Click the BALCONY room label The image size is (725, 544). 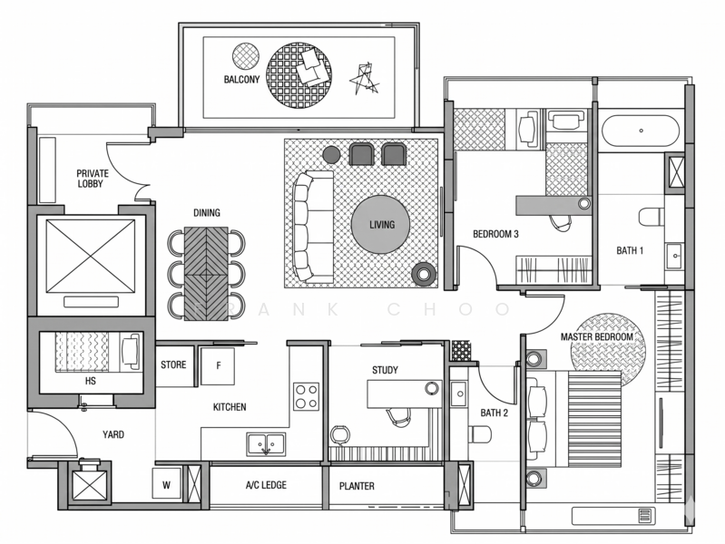point(242,80)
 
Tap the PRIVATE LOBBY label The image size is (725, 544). point(93,179)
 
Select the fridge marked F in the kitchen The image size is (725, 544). point(218,366)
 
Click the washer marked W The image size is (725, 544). point(166,483)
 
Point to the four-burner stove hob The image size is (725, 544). point(306,396)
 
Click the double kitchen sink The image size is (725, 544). point(266,444)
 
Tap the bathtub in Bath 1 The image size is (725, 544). point(641,131)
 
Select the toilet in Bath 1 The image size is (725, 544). point(652,217)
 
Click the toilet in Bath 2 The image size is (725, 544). point(479,434)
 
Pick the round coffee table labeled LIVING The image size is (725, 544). point(380,225)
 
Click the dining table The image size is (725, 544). point(206,274)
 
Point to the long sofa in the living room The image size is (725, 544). point(313,227)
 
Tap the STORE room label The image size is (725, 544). point(173,364)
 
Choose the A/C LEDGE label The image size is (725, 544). point(266,485)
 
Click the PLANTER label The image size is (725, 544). point(357,486)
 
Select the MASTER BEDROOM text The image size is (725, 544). point(596,336)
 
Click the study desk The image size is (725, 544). point(405,393)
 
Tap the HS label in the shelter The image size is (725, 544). point(90,381)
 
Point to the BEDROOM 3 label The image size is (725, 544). point(495,234)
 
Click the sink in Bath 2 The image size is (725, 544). point(458,393)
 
